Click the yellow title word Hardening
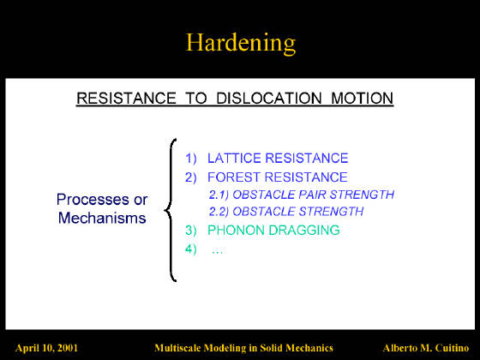tap(241, 43)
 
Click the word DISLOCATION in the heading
tap(269, 99)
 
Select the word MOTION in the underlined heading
tap(362, 99)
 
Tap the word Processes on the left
tap(93, 200)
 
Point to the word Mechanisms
tap(102, 218)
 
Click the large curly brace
tap(171, 210)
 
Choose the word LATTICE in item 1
tap(234, 159)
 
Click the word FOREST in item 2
tap(234, 177)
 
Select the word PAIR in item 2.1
tap(312, 195)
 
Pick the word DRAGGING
tap(303, 231)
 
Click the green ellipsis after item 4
tap(217, 252)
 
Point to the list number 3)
tap(190, 231)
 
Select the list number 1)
tap(190, 159)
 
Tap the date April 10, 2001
tap(46, 348)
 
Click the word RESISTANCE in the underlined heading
tap(126, 99)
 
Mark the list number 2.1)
tap(219, 195)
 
